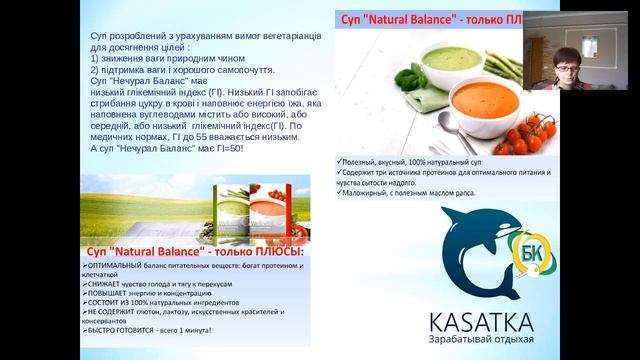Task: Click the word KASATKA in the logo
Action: click(480, 321)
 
